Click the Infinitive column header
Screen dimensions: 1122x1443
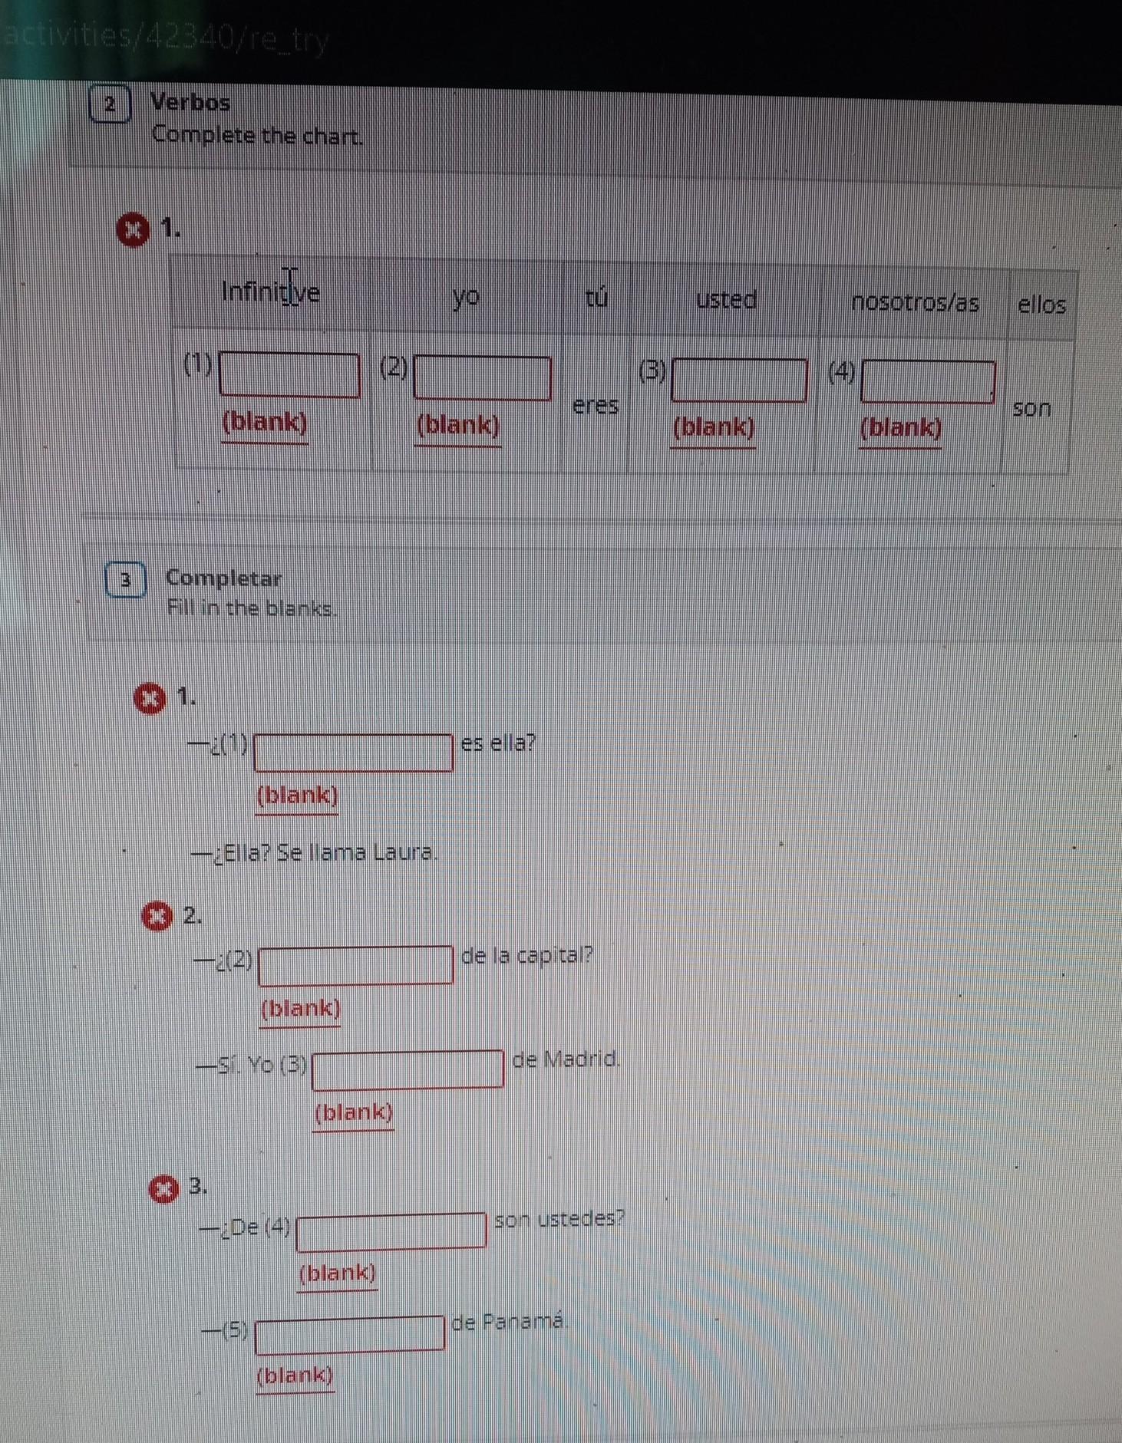point(270,292)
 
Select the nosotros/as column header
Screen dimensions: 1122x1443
point(915,302)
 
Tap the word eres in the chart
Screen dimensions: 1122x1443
point(596,404)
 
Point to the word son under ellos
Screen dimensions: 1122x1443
point(1031,407)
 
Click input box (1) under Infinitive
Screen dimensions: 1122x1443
point(290,375)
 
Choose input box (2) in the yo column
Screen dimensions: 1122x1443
point(483,377)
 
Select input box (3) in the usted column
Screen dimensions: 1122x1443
point(740,380)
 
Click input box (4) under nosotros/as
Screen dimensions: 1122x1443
point(929,381)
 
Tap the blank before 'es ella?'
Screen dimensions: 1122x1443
point(354,753)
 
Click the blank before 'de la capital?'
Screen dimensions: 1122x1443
point(356,965)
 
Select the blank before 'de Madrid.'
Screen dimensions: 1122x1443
point(408,1069)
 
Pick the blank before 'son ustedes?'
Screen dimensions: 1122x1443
point(391,1231)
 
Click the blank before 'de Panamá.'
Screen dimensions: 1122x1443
point(350,1333)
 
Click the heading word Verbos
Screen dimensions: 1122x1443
point(190,102)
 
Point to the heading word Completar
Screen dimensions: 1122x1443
point(224,578)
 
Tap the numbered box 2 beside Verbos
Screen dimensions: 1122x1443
point(111,104)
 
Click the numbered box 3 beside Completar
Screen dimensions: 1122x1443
point(126,580)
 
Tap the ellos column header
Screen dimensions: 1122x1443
point(1041,305)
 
